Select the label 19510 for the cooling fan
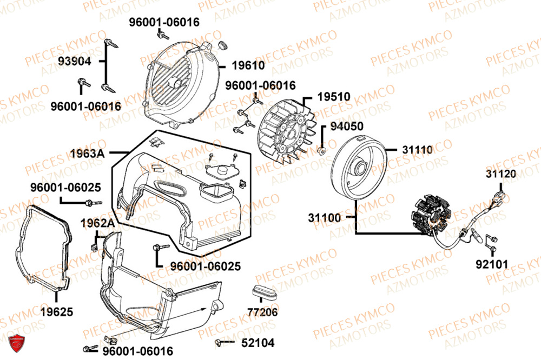pos(333,97)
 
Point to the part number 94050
pos(347,126)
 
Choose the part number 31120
pos(500,174)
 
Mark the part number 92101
pos(493,265)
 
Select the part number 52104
pos(258,343)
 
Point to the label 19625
pos(56,312)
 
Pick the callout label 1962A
pos(97,223)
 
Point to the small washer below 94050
pos(322,149)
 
